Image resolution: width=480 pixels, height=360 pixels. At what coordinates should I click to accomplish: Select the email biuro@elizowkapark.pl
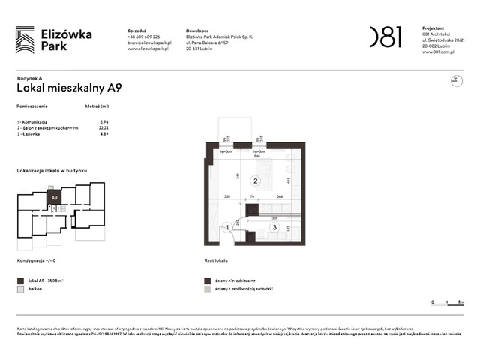150,43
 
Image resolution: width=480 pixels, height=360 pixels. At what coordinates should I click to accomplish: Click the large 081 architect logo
385,37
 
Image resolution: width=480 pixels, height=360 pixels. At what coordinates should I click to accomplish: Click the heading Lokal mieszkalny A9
69,87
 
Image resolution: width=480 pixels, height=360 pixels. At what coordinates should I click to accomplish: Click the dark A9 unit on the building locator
54,198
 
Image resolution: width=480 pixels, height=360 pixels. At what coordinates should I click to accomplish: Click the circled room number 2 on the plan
255,181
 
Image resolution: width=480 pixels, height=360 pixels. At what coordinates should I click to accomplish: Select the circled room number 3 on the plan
275,227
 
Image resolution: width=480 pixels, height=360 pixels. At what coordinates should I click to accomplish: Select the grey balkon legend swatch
20,288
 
